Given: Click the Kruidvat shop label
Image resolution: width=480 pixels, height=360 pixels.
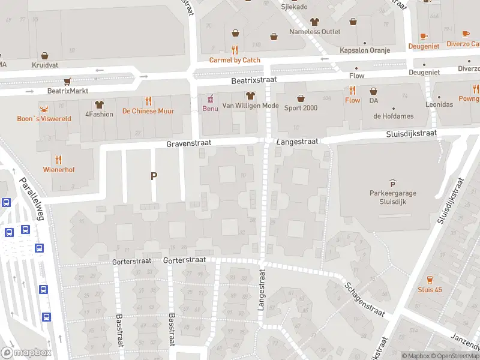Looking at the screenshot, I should [45, 64].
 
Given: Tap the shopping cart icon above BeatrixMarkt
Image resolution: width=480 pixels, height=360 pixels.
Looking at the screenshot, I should [68, 81].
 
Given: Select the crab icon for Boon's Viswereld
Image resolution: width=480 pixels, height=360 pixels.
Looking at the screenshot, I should [44, 109].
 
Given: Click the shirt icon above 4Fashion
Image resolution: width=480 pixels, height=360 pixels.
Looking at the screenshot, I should [99, 104].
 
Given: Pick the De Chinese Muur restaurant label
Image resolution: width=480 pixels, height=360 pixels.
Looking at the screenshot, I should [148, 111].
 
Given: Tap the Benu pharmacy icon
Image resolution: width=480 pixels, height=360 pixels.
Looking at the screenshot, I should [210, 98].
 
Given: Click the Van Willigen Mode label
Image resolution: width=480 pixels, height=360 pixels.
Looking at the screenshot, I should [250, 106].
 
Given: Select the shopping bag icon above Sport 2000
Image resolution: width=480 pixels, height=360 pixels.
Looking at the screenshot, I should [300, 98].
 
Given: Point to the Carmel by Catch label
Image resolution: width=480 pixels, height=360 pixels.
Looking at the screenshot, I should [235, 60].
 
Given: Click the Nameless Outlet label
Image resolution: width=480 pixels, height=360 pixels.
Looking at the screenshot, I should [314, 32].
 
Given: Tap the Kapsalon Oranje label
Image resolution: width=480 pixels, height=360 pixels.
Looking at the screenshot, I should [365, 50].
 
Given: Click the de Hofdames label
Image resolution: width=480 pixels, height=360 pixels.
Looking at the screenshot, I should [393, 116].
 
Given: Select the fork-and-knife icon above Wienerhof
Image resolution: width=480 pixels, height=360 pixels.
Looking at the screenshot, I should [59, 160].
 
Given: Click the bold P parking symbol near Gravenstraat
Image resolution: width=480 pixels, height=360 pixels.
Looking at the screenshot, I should [154, 176].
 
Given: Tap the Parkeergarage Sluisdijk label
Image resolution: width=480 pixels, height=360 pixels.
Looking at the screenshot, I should [393, 197].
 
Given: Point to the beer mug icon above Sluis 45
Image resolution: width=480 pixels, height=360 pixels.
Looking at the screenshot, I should [430, 280].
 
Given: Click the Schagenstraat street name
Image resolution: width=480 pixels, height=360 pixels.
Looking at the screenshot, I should [364, 299].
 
